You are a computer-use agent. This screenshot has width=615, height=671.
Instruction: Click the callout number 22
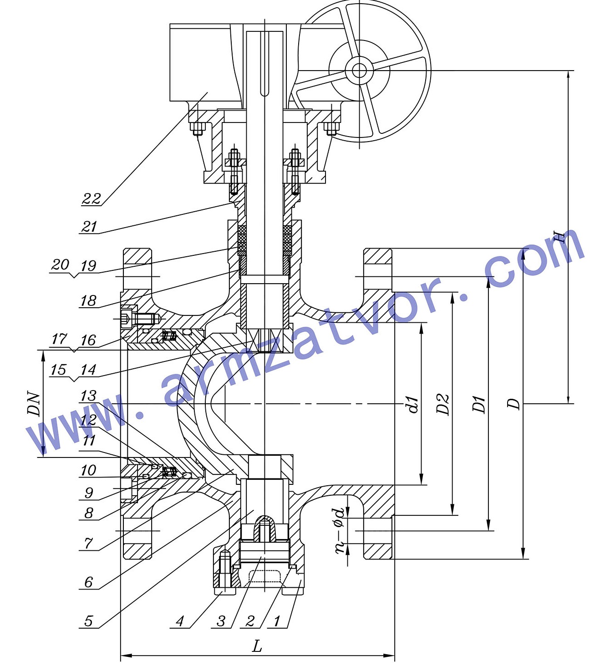pyautogui.click(x=91, y=198)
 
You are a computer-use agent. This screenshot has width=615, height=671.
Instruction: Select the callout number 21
pyautogui.click(x=89, y=226)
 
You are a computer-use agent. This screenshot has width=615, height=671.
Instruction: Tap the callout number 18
pyautogui.click(x=88, y=301)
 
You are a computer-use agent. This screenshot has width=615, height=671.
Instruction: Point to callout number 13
pyautogui.click(x=88, y=396)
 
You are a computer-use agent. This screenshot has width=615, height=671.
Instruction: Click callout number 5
pyautogui.click(x=88, y=621)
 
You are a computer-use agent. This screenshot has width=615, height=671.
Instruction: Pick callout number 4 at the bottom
pyautogui.click(x=180, y=621)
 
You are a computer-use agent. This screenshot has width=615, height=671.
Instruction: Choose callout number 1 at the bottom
pyautogui.click(x=277, y=621)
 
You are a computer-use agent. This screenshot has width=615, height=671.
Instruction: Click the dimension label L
pyautogui.click(x=257, y=646)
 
